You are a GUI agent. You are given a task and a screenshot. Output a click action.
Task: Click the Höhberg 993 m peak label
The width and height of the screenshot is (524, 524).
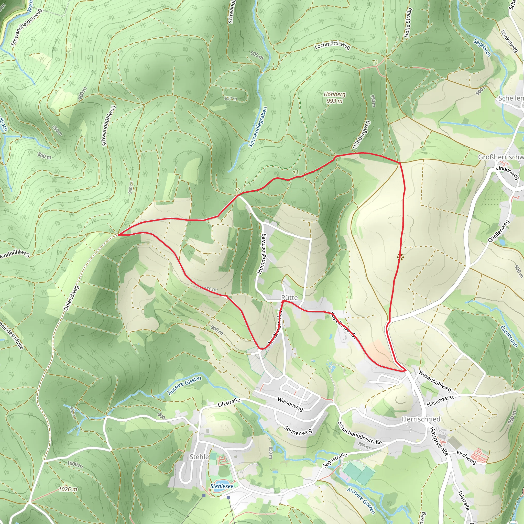[x=334, y=98]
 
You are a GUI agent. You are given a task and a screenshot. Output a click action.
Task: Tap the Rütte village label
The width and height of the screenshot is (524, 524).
[x=289, y=298]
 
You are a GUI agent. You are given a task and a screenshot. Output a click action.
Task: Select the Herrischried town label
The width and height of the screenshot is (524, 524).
[x=421, y=419]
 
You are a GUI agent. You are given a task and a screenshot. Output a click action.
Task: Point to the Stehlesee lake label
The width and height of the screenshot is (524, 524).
[x=222, y=486]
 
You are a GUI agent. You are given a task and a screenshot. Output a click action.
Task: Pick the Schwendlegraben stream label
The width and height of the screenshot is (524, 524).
[x=258, y=127]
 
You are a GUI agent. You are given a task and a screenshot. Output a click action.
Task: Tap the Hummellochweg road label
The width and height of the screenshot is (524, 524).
[x=262, y=254]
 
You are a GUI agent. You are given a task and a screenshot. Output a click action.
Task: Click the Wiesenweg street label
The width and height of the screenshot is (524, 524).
[x=290, y=404]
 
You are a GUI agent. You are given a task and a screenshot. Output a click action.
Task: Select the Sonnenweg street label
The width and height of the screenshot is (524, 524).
[x=298, y=430]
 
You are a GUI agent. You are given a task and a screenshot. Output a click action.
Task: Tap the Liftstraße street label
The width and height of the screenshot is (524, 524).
[x=229, y=403]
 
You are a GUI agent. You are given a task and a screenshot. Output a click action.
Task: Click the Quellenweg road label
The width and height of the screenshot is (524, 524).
[x=498, y=231]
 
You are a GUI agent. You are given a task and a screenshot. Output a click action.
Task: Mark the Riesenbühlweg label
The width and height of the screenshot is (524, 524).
[x=435, y=381]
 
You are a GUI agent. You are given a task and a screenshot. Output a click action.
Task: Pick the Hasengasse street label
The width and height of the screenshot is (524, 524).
[x=441, y=401]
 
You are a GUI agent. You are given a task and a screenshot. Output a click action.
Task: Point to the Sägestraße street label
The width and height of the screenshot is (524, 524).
[x=335, y=460]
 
